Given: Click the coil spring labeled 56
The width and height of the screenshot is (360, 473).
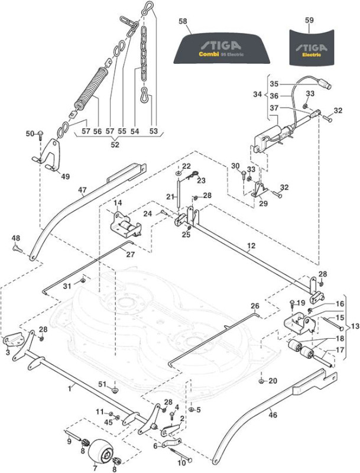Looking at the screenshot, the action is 91,88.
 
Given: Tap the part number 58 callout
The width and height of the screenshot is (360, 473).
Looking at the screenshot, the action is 183,21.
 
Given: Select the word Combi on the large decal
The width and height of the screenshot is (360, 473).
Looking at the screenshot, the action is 209,54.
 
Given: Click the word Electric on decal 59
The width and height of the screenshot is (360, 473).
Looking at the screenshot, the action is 312,55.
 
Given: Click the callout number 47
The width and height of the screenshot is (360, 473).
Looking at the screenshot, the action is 82,190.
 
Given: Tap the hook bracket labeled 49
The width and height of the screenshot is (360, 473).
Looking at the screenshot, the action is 49,155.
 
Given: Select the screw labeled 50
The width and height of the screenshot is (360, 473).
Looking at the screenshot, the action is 40,135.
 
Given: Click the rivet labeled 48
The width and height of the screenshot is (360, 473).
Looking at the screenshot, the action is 17,249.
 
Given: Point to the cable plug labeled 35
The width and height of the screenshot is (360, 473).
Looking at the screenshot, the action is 325,85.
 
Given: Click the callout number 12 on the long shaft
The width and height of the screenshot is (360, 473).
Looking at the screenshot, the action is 251,245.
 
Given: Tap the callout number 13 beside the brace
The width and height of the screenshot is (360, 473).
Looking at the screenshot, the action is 355,327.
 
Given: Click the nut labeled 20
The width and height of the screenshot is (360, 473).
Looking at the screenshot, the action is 261,381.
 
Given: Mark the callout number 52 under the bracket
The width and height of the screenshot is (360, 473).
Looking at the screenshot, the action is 115,144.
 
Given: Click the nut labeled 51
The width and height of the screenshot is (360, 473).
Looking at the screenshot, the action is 115,391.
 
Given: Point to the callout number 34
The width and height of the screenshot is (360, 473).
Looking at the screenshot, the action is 257,95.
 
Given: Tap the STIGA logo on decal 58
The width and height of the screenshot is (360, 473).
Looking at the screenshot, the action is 221,46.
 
